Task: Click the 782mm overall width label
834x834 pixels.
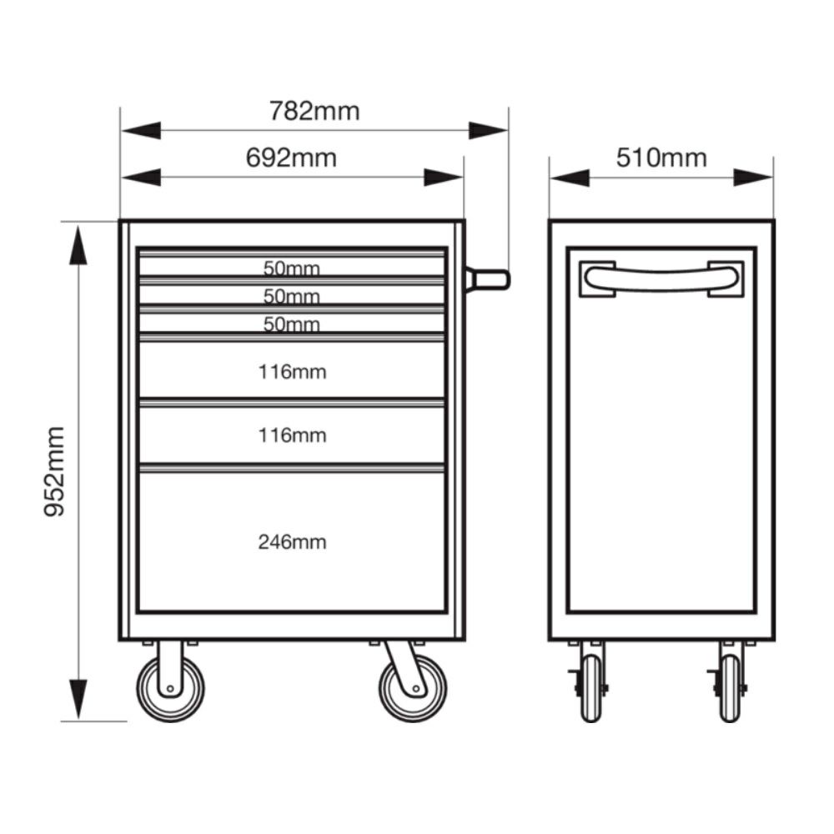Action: [314, 111]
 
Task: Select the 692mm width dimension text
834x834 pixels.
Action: [291, 158]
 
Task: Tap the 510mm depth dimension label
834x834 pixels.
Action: [661, 158]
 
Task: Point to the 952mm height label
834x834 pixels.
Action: [54, 471]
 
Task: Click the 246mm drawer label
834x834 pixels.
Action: [292, 542]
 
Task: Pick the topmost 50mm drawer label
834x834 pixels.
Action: [291, 268]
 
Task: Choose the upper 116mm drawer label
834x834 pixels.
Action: [292, 372]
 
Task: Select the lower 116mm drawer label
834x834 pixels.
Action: [292, 435]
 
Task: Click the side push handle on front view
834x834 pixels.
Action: [488, 279]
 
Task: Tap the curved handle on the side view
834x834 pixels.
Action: [661, 279]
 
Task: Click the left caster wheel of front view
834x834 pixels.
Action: [170, 689]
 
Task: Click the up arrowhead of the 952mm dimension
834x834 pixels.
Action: [78, 245]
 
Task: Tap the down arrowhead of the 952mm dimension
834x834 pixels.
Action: [78, 699]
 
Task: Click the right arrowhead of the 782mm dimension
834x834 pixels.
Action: [488, 130]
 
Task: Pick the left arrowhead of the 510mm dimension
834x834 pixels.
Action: [570, 178]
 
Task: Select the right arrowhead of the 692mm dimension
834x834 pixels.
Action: [444, 178]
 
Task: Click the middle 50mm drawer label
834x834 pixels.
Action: [291, 296]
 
